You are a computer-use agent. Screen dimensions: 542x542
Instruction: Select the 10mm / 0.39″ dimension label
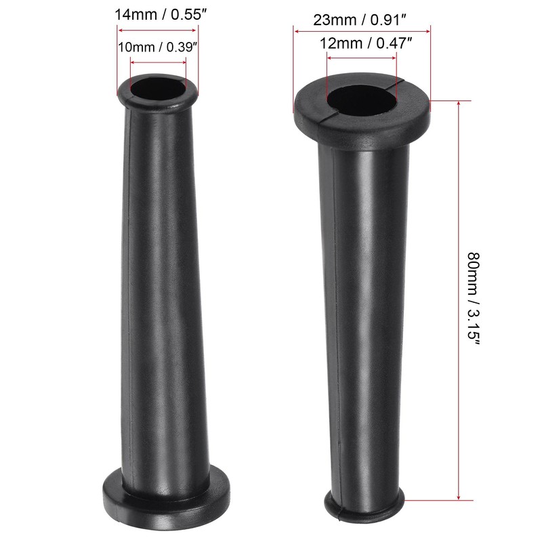(x=158, y=47)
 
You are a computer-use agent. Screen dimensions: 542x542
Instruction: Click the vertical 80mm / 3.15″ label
(x=474, y=299)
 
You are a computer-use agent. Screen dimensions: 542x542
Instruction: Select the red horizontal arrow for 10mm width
(x=158, y=63)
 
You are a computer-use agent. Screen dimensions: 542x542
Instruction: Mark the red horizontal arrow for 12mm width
(x=362, y=58)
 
